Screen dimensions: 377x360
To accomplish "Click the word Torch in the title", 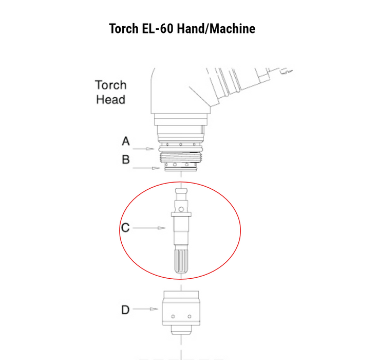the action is point(124,29).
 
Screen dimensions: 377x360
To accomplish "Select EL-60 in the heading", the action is point(158,29).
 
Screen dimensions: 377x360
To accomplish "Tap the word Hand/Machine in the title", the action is point(216,29).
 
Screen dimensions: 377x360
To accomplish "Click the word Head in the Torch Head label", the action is point(111,100).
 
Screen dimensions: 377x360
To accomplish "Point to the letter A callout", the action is point(126,141).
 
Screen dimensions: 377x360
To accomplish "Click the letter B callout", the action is point(126,159).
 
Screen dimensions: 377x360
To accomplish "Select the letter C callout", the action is point(125,228).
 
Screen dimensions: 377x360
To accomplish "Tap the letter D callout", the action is point(125,310).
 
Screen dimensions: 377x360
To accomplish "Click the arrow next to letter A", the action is point(143,149).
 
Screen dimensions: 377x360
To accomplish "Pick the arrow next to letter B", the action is point(146,168).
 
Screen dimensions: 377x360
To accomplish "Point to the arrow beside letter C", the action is point(149,228).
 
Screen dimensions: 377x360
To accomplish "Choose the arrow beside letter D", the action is point(145,309).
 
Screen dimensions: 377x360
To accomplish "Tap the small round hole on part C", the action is point(181,209).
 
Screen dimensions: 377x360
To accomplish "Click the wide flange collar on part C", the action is point(181,214).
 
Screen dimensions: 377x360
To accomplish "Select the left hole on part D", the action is point(173,316).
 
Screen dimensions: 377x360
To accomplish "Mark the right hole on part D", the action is point(190,316).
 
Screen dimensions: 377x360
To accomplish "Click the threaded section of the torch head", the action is point(180,157).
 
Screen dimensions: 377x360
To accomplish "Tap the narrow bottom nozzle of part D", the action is point(181,330).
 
